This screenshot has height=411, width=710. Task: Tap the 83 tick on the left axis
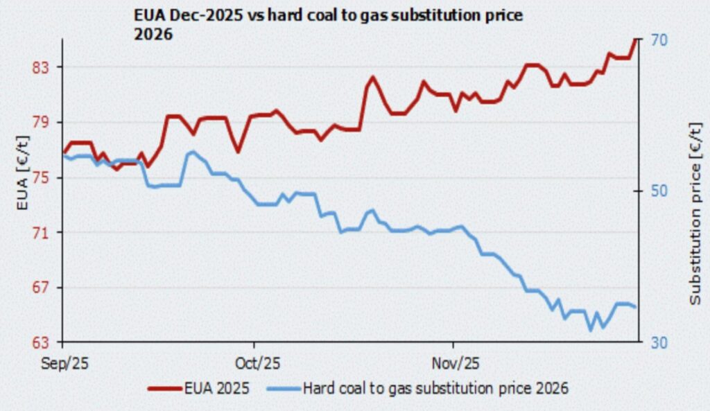pos(44,67)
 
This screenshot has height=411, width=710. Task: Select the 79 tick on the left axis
pos(44,122)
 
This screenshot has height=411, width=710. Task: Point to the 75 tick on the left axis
pos(44,177)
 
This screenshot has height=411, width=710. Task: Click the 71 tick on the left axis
pos(44,232)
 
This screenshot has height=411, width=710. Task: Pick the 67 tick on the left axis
pos(44,287)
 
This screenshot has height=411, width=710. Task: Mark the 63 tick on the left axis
pos(44,342)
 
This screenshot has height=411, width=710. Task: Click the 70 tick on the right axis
pos(659,40)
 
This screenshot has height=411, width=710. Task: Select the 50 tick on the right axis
pos(659,191)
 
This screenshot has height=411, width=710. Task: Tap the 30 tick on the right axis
pos(659,342)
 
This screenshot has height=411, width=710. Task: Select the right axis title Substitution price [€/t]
pos(695,212)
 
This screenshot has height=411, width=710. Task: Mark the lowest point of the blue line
pos(591,330)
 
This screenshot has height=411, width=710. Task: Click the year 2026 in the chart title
pos(152,33)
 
